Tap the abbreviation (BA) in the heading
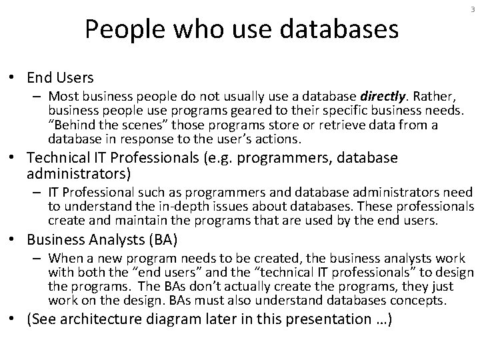(159, 240)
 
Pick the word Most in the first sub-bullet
(60, 95)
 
